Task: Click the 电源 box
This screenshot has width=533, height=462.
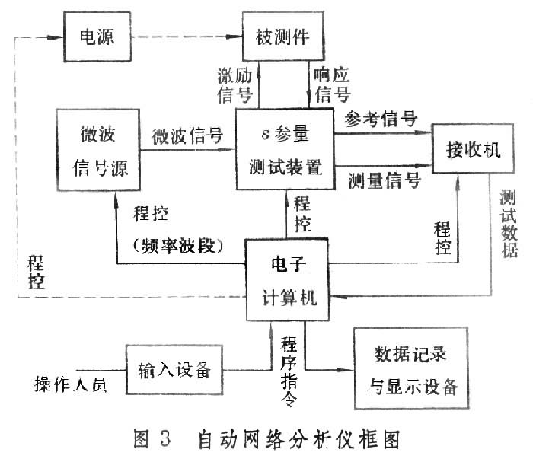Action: [x=97, y=37]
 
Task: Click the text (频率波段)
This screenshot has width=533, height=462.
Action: [x=176, y=245]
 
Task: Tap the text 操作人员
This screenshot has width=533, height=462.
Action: [x=69, y=383]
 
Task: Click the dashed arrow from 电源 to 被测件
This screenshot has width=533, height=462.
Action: [x=187, y=37]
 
